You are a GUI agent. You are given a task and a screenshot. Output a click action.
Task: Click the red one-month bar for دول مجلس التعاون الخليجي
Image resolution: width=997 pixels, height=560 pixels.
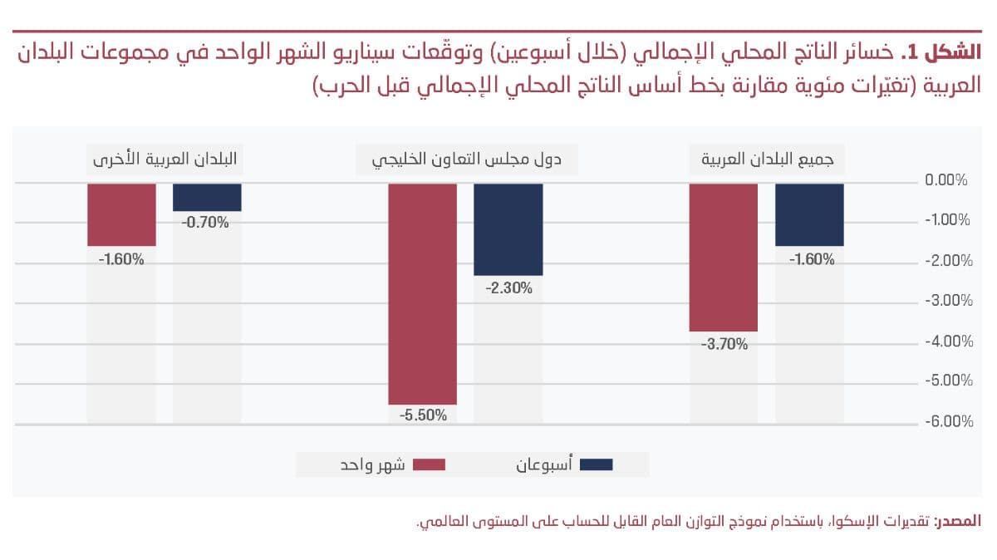(422, 293)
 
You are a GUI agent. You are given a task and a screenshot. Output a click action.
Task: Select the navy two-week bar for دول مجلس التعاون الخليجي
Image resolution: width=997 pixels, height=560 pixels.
(508, 229)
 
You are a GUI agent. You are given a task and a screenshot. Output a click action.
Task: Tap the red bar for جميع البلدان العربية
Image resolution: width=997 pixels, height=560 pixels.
(724, 257)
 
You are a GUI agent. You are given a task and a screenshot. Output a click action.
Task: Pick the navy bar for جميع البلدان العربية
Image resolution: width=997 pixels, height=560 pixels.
(809, 214)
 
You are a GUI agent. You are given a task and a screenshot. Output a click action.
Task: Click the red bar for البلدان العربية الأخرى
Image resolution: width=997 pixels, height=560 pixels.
(121, 214)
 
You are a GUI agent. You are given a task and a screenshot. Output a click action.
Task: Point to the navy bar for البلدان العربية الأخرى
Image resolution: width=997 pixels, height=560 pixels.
(207, 197)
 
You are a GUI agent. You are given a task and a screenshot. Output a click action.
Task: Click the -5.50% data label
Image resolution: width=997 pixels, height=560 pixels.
(422, 415)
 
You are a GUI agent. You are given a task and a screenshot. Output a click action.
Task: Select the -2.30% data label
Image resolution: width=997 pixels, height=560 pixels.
(508, 287)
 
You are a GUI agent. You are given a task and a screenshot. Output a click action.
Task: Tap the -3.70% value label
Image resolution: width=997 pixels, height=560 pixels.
(724, 343)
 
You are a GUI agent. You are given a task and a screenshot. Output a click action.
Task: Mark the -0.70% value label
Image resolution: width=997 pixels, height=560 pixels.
(207, 223)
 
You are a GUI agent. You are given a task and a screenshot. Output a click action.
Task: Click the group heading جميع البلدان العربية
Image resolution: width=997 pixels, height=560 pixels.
(767, 160)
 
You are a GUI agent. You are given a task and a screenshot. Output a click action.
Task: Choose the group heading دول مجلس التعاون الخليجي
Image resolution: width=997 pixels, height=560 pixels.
(466, 160)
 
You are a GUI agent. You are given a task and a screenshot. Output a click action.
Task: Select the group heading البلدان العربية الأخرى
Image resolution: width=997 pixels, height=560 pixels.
(164, 160)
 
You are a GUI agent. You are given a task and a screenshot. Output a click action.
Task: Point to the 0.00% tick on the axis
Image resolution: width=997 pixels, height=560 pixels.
(948, 180)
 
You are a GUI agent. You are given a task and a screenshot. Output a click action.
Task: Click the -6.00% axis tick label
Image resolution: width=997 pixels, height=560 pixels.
(947, 422)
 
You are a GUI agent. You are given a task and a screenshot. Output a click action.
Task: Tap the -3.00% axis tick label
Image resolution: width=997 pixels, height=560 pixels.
(947, 301)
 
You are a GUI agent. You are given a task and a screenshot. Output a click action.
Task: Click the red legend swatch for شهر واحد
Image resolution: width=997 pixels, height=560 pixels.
(430, 464)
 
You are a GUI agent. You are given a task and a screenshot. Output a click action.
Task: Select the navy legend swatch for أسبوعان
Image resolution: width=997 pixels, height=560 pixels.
(596, 464)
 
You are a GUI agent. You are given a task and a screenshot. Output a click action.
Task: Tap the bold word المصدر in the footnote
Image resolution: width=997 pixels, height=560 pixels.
(960, 522)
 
